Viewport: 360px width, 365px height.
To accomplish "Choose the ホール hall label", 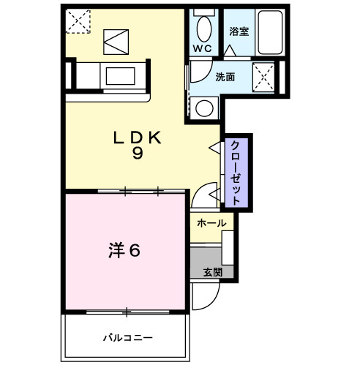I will click(211, 223).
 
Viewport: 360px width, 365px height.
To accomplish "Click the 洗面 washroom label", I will click(225, 76).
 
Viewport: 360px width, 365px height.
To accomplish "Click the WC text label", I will click(203, 48).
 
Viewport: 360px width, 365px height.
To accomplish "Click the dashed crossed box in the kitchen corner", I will click(76, 21).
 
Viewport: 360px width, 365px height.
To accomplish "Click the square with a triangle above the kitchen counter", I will click(114, 41).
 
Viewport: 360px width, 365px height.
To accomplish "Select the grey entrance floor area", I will click(206, 261).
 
